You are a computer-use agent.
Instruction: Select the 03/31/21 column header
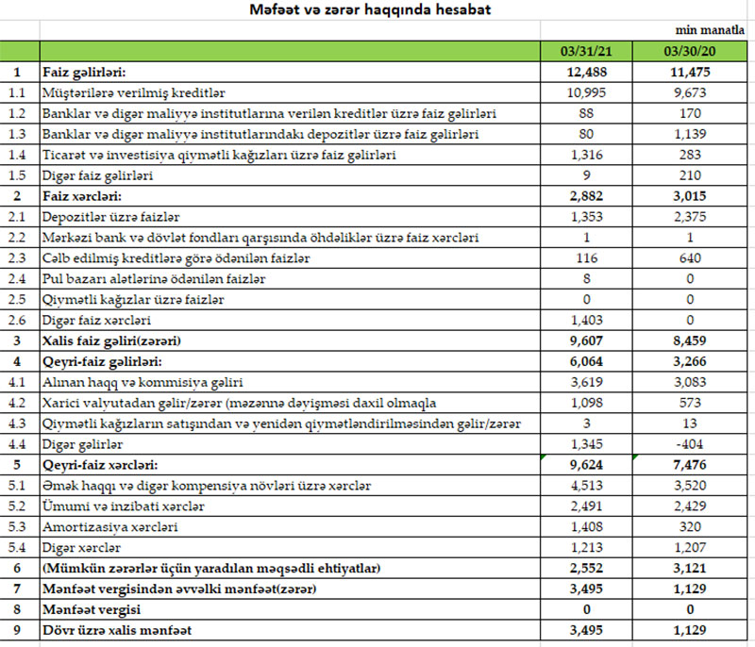[x=588, y=50]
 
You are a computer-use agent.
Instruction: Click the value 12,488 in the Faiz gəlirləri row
[x=588, y=72]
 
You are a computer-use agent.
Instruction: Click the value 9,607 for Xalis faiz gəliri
[x=588, y=340]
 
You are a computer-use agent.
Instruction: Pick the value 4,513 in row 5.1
[x=588, y=485]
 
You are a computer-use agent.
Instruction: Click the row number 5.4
[x=18, y=547]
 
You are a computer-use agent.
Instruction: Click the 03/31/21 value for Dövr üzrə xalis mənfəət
[x=588, y=630]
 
